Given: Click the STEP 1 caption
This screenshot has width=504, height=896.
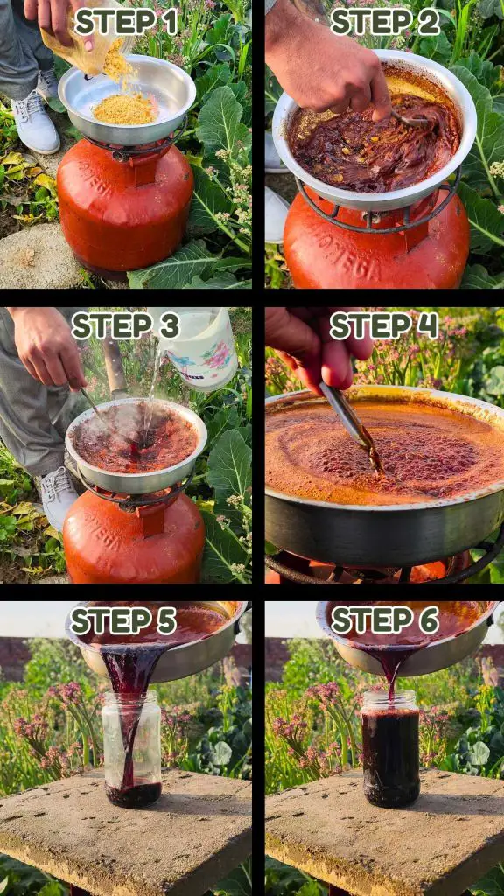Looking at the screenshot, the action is click(x=126, y=22).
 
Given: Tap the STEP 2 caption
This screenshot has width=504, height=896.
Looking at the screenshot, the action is click(x=385, y=22).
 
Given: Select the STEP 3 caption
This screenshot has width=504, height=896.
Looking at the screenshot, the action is click(x=126, y=326).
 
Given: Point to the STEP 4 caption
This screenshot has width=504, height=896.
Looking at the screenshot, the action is click(x=384, y=326).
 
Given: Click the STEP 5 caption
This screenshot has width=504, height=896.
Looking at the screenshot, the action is click(x=122, y=620).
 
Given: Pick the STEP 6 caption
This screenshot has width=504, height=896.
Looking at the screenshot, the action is click(x=385, y=620).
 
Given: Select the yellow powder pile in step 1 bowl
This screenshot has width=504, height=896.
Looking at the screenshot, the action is click(x=126, y=108).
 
